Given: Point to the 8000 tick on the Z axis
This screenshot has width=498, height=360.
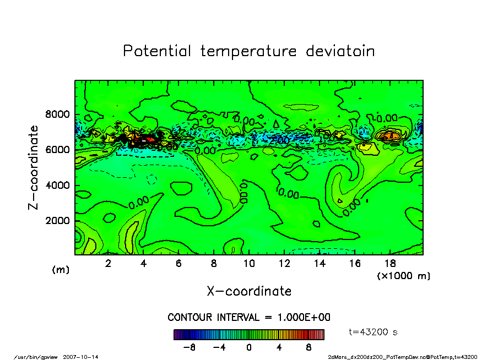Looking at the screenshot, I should tap(57, 115).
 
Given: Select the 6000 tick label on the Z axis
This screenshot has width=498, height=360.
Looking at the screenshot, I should tap(57, 150).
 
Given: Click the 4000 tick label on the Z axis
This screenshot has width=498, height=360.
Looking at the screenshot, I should tap(57, 186).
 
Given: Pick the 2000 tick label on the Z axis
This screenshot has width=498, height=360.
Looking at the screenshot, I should tap(57, 221).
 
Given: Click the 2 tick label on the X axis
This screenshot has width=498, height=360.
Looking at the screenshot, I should tap(108, 264).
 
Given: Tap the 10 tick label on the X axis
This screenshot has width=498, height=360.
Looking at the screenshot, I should tap(249, 264).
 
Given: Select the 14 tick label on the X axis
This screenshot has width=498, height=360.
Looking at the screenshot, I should tap(320, 264).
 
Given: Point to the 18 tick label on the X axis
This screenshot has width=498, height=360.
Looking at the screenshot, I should tap(390, 264).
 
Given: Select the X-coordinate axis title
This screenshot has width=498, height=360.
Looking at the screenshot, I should tap(249, 291).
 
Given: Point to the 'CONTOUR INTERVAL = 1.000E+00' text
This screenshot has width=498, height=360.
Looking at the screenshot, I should tap(249, 318).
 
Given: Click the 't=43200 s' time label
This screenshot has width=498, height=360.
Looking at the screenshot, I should tap(373, 332).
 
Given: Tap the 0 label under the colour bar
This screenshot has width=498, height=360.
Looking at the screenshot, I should tap(249, 347).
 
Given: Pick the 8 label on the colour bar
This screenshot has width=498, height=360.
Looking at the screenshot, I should tap(308, 347).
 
